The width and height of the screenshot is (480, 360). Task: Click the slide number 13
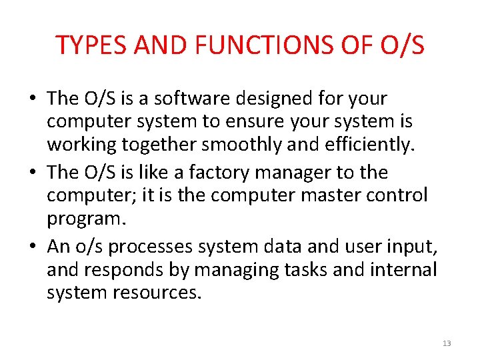click(x=447, y=343)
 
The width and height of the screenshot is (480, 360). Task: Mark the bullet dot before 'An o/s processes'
click(x=33, y=246)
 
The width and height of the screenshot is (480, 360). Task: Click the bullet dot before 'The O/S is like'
click(x=33, y=173)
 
